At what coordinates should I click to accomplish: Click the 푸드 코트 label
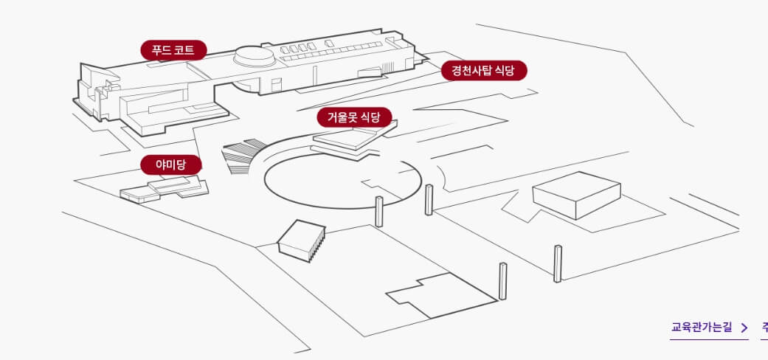coord(173,50)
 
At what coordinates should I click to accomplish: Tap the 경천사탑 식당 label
coord(484,71)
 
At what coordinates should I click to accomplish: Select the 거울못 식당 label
coord(354,117)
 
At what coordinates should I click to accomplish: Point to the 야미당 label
coord(170,165)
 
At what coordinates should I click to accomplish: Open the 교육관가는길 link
coord(702,327)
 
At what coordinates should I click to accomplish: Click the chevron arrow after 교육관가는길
coord(744,328)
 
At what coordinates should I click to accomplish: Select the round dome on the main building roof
coord(255,56)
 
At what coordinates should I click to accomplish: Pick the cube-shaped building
coord(576,195)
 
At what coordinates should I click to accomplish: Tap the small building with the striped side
coord(301,240)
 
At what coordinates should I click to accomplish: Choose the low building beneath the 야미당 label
coord(165,190)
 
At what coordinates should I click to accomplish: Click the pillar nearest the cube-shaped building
coord(558,263)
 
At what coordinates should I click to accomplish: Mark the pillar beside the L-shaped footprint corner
coord(502,281)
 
